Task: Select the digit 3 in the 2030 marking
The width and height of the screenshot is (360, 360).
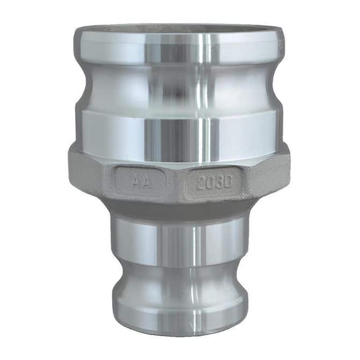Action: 218,182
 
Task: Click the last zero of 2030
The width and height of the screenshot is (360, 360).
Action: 226,182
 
